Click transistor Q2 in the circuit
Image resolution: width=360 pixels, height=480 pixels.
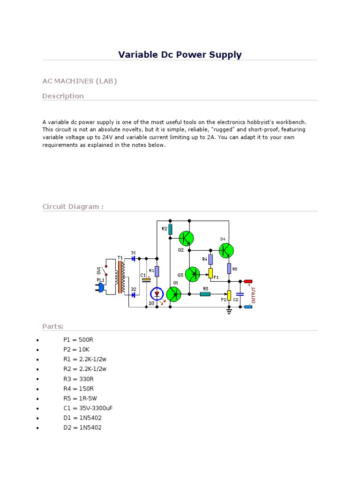point(187,238)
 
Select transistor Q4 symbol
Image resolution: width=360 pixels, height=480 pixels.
point(226,250)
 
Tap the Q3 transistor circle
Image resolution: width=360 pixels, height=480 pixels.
point(193,274)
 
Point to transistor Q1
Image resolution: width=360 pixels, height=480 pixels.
point(174,294)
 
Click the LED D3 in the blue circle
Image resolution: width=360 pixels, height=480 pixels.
point(157,294)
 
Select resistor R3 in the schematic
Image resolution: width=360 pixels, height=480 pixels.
point(205,294)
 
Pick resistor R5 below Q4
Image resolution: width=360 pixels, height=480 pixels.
point(229,268)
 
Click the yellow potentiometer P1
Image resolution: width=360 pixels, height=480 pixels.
point(210,273)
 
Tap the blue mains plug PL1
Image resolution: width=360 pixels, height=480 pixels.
point(100,287)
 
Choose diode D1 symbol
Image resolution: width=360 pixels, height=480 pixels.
point(134,258)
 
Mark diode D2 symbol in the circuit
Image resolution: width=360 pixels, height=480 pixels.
point(134,295)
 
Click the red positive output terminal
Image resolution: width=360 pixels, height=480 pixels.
point(248,281)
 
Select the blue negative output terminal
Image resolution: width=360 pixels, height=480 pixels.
point(248,307)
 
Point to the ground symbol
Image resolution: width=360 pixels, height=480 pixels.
point(229,311)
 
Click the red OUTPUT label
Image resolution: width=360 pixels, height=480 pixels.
point(254,294)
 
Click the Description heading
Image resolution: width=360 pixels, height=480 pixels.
point(63,96)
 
